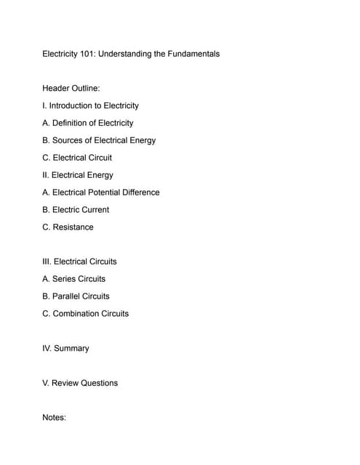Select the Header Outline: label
pos(71,88)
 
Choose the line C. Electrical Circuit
pos(77,158)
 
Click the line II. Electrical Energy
pos(78,175)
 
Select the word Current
pos(94,210)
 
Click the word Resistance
pos(73,227)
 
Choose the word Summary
pos(71,349)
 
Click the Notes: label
pos(55,418)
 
